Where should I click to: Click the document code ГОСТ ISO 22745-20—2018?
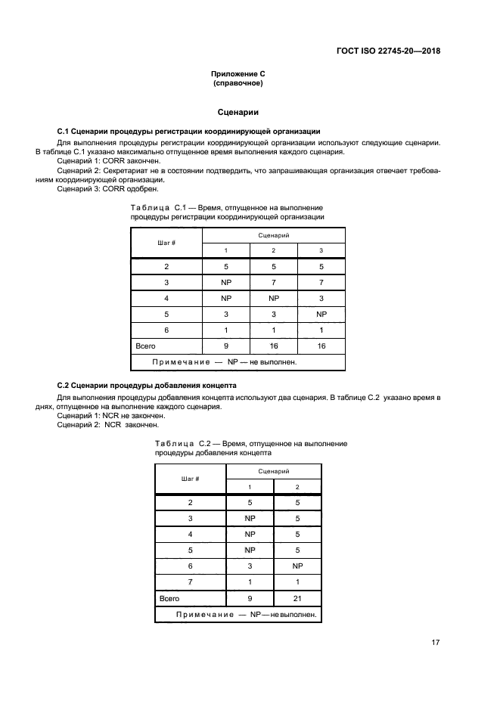click(x=388, y=51)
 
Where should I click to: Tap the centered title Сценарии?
click(x=238, y=112)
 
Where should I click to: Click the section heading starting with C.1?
click(x=188, y=131)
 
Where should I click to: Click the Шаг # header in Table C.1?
click(x=166, y=243)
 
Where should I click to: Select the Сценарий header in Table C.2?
click(x=274, y=470)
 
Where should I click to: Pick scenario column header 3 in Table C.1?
click(x=321, y=250)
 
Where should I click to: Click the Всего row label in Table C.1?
click(x=145, y=346)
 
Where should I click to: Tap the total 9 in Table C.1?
click(x=225, y=346)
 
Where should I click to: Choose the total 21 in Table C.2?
click(x=297, y=597)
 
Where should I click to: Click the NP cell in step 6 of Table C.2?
click(x=297, y=566)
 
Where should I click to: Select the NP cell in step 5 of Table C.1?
click(x=321, y=314)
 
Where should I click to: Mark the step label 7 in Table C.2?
click(x=190, y=581)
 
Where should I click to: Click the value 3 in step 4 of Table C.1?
click(x=321, y=298)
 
